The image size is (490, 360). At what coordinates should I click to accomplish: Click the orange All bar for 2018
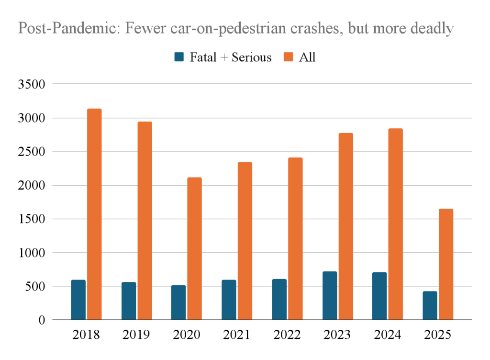(94, 214)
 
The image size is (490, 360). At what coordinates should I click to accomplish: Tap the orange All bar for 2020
(195, 248)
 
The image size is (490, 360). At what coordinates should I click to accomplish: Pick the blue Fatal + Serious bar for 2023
(330, 295)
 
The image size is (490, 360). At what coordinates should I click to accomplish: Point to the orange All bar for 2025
(446, 264)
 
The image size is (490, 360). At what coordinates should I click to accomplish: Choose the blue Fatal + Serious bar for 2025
(430, 305)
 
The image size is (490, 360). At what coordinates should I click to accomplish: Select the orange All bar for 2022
(295, 238)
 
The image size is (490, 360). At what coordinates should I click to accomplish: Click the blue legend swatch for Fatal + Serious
(179, 57)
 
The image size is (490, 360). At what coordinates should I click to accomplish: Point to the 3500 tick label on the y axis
(31, 85)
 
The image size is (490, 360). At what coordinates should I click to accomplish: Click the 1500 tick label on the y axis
(31, 219)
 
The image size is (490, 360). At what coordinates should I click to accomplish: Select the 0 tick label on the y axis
(42, 320)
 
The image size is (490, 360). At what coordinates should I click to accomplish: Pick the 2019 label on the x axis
(136, 335)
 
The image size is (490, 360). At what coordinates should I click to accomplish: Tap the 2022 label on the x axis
(287, 335)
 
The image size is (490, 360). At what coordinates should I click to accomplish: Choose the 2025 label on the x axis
(438, 335)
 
